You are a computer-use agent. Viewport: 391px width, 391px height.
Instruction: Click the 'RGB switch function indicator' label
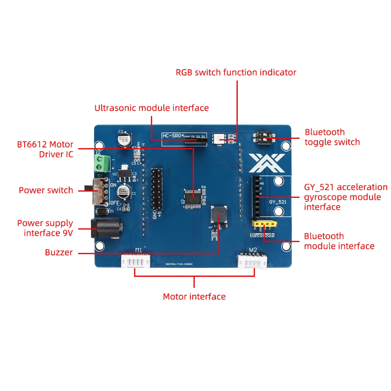pyautogui.click(x=236, y=72)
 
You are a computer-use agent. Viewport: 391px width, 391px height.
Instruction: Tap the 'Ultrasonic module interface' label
pyautogui.click(x=151, y=108)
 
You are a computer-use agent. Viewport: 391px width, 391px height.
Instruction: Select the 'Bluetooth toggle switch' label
pyautogui.click(x=332, y=137)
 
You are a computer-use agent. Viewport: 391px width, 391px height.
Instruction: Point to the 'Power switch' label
pyautogui.click(x=46, y=190)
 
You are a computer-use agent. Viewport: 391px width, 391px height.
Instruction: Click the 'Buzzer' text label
pyautogui.click(x=59, y=253)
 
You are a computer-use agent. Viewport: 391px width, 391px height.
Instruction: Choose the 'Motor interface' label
pyautogui.click(x=194, y=297)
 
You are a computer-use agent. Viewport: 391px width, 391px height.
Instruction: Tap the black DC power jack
pyautogui.click(x=105, y=228)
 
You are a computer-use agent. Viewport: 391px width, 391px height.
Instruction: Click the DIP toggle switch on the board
pyautogui.click(x=265, y=137)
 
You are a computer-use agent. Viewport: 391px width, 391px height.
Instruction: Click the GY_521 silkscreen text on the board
pyautogui.click(x=278, y=202)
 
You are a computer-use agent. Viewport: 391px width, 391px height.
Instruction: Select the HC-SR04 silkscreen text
pyautogui.click(x=173, y=136)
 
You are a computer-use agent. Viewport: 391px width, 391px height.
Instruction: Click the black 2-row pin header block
pyautogui.click(x=157, y=188)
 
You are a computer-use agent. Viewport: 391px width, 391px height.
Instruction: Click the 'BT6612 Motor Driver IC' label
pyautogui.click(x=45, y=149)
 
